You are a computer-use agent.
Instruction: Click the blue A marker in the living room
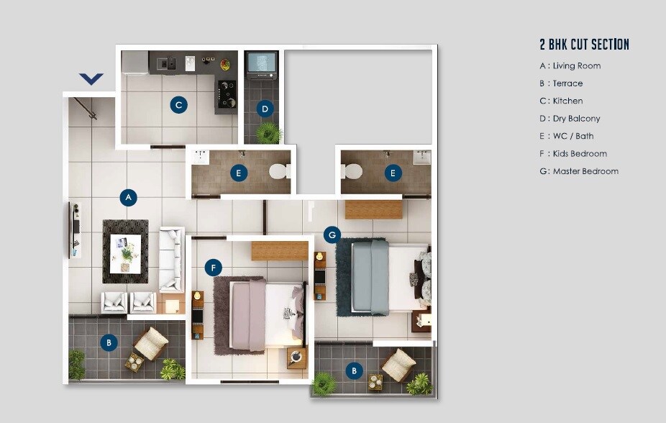(128, 197)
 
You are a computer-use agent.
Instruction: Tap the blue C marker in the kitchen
(178, 106)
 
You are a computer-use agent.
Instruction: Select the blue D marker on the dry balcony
(265, 109)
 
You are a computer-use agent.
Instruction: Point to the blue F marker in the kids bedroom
(213, 268)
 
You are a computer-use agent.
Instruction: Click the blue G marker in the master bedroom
(332, 235)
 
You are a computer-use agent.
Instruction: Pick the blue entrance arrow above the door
(91, 78)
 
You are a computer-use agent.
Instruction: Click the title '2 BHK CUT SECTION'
(584, 45)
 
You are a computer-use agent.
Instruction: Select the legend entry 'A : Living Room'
(570, 66)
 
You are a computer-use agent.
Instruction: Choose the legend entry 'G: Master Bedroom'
(578, 171)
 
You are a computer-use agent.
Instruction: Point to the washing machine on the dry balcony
(260, 65)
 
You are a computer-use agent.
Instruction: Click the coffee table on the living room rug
(126, 253)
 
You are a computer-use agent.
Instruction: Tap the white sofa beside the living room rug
(171, 260)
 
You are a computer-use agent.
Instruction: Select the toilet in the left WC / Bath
(278, 172)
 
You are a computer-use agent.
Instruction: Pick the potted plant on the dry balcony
(269, 132)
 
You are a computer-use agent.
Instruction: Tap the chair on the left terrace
(151, 343)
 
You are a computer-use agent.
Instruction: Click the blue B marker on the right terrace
(353, 371)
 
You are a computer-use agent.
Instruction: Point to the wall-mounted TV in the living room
(75, 229)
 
